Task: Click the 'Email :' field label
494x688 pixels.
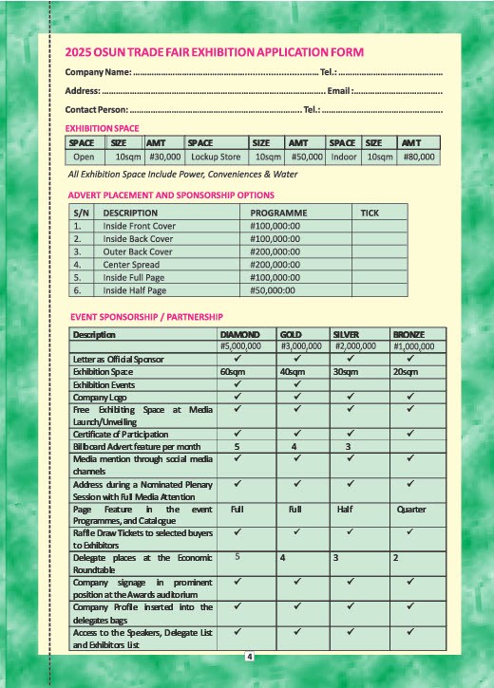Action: click(339, 91)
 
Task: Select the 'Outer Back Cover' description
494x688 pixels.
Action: click(138, 252)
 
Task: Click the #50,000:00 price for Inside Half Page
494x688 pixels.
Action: click(274, 290)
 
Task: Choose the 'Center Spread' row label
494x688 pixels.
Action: click(130, 265)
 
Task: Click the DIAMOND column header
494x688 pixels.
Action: click(239, 335)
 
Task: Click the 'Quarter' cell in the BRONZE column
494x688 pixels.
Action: click(411, 509)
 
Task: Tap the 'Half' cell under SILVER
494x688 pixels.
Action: click(346, 509)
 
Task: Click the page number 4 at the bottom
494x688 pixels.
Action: click(248, 657)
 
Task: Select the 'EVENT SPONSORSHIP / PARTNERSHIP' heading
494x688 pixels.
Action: click(147, 316)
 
